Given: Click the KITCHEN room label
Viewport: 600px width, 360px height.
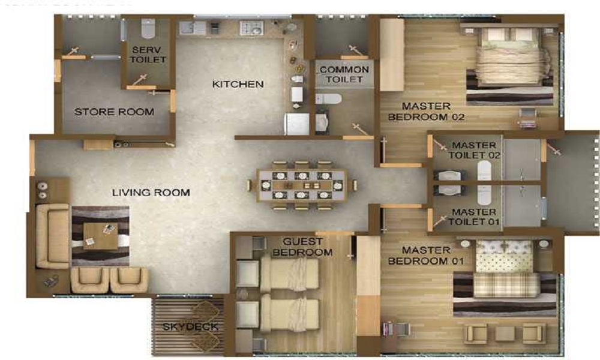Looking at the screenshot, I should click(238, 84).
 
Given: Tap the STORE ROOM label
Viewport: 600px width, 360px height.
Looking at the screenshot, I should click(114, 112).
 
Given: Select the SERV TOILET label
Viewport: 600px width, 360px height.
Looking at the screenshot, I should click(148, 55).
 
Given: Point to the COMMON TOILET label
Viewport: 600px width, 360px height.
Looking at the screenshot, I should click(344, 74).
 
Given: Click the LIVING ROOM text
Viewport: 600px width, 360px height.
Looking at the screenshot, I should click(151, 193).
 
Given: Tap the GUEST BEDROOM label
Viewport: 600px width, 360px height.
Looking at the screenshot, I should click(302, 247).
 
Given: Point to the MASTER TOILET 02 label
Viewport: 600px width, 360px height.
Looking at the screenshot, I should click(474, 150).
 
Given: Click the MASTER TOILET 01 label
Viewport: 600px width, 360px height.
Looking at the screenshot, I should click(474, 217).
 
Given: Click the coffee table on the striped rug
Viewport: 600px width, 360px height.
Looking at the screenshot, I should click(100, 236).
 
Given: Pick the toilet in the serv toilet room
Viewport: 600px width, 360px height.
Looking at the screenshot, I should click(148, 28).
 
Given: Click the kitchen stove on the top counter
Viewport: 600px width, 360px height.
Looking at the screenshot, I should click(251, 27).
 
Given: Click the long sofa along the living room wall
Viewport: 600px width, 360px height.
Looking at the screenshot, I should click(52, 236).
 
